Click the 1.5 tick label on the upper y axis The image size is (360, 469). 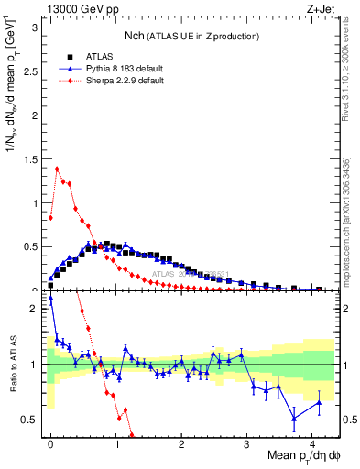pos(33,158)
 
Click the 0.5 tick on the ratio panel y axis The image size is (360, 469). pos(33,420)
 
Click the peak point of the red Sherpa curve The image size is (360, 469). pos(57,169)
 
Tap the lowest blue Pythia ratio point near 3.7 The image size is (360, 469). pos(294,418)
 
